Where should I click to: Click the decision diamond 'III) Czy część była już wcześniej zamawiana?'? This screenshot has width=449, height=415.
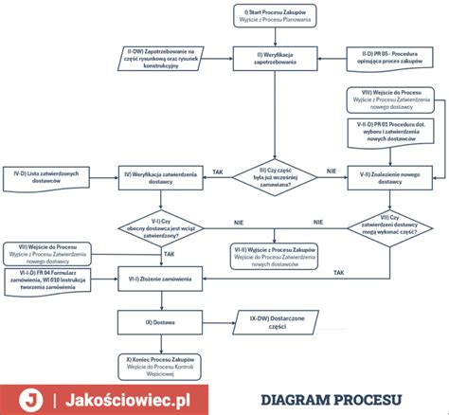click(x=275, y=176)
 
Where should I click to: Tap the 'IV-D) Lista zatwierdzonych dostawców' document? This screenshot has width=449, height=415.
click(x=53, y=176)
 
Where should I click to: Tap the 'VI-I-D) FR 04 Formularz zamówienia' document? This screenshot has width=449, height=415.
click(x=53, y=281)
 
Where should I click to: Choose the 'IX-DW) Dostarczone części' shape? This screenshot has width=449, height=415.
click(x=274, y=321)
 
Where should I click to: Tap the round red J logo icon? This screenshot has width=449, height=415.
click(x=32, y=399)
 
